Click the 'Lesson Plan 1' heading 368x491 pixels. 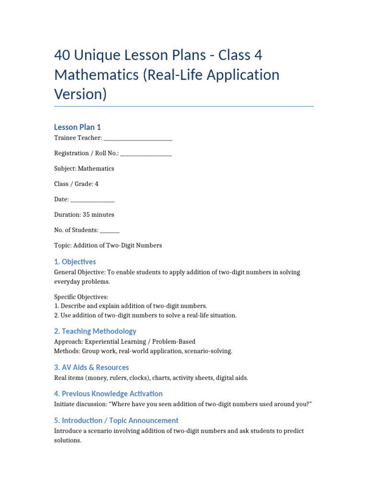pyautogui.click(x=77, y=127)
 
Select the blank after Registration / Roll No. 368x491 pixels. pyautogui.click(x=146, y=153)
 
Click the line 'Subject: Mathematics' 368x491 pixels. pyautogui.click(x=84, y=169)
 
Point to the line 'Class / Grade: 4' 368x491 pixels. pyautogui.click(x=76, y=184)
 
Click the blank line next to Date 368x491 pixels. pyautogui.click(x=92, y=199)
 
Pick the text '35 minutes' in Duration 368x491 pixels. pyautogui.click(x=98, y=215)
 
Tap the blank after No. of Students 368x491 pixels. pyautogui.click(x=110, y=230)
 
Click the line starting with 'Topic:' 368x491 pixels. pyautogui.click(x=108, y=245)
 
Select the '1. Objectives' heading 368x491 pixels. pyautogui.click(x=75, y=262)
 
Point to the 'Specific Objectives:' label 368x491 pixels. pyautogui.click(x=81, y=297)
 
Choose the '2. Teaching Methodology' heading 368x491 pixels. pyautogui.click(x=95, y=331)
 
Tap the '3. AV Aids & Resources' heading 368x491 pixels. pyautogui.click(x=91, y=367)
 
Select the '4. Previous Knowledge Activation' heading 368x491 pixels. pyautogui.click(x=108, y=394)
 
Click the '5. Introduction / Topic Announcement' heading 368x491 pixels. pyautogui.click(x=116, y=421)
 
